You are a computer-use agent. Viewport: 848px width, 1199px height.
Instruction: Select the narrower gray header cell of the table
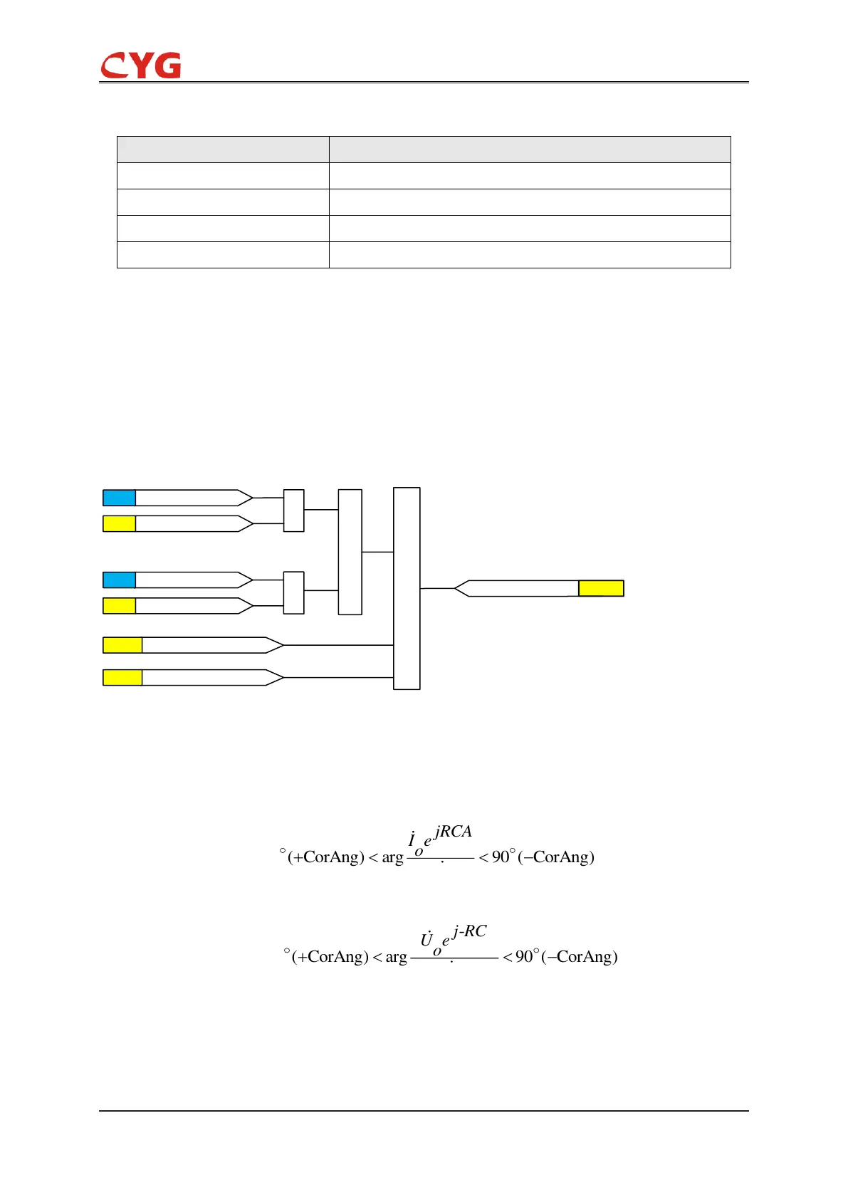[x=223, y=150]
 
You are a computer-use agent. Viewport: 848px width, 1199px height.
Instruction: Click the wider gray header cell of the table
[x=530, y=150]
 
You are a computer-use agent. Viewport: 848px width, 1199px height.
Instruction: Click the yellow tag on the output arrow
[x=601, y=588]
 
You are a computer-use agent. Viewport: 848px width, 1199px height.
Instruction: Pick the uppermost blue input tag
[x=119, y=498]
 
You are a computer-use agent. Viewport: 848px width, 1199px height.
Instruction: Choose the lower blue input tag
[x=119, y=580]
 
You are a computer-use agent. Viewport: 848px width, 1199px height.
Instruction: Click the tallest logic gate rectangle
[x=407, y=588]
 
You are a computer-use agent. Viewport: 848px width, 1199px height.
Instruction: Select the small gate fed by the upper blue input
[x=294, y=511]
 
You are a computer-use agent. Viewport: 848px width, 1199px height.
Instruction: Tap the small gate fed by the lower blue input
[x=294, y=592]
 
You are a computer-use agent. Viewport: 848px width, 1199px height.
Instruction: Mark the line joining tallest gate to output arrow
[x=437, y=588]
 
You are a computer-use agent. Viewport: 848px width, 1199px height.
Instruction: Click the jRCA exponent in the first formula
[x=453, y=832]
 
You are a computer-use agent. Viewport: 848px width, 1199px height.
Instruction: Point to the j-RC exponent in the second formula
[x=470, y=931]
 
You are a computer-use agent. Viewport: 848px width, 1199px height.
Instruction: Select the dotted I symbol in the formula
[x=412, y=841]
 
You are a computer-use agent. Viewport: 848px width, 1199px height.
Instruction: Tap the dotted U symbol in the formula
[x=426, y=941]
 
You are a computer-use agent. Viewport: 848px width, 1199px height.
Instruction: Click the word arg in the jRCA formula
[x=392, y=857]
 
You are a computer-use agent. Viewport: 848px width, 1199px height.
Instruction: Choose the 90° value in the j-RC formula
[x=526, y=956]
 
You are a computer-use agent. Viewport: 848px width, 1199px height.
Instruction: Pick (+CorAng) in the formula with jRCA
[x=326, y=857]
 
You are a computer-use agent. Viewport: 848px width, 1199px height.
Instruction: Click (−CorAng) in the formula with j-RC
[x=580, y=956]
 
